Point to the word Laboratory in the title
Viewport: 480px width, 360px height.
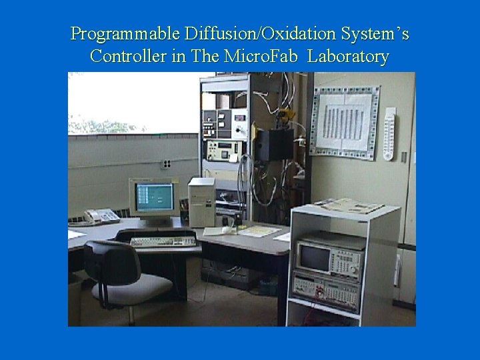[348, 57]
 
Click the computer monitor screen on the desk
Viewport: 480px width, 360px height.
[154, 197]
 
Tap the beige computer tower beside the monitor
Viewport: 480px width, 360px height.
[201, 202]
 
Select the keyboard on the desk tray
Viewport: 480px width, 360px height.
[163, 241]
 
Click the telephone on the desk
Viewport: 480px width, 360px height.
[101, 216]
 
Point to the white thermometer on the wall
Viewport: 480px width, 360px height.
[389, 133]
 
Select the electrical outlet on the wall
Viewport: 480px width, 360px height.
[167, 163]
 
